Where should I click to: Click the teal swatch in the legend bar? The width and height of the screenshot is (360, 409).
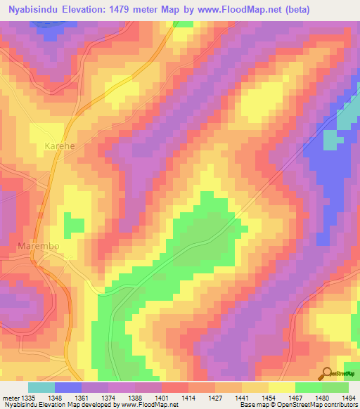click(x=41, y=387)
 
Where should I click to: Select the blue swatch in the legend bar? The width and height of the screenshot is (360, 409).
click(x=68, y=387)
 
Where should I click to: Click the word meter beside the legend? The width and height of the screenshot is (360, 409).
click(x=10, y=397)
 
